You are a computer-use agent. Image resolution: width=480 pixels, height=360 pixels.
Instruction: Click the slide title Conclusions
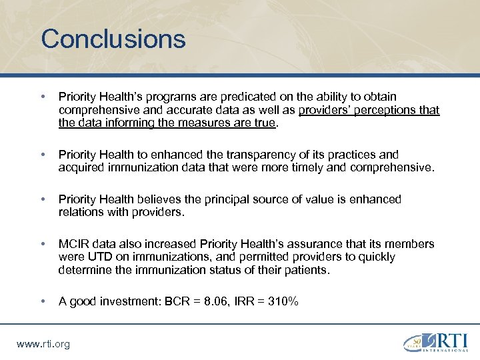click(x=113, y=39)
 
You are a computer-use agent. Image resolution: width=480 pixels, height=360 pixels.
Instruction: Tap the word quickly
click(x=370, y=257)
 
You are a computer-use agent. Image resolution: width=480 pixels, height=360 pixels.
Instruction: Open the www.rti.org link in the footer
click(x=43, y=343)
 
